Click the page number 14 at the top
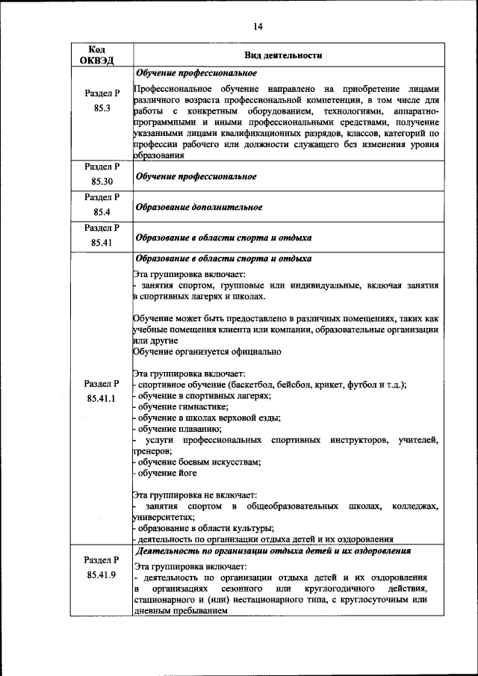point(257,27)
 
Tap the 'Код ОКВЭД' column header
point(101,55)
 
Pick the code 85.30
point(102,182)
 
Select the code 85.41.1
point(102,398)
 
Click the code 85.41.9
point(102,576)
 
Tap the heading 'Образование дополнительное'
point(199,207)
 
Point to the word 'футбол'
point(362,385)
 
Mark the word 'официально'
point(257,351)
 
